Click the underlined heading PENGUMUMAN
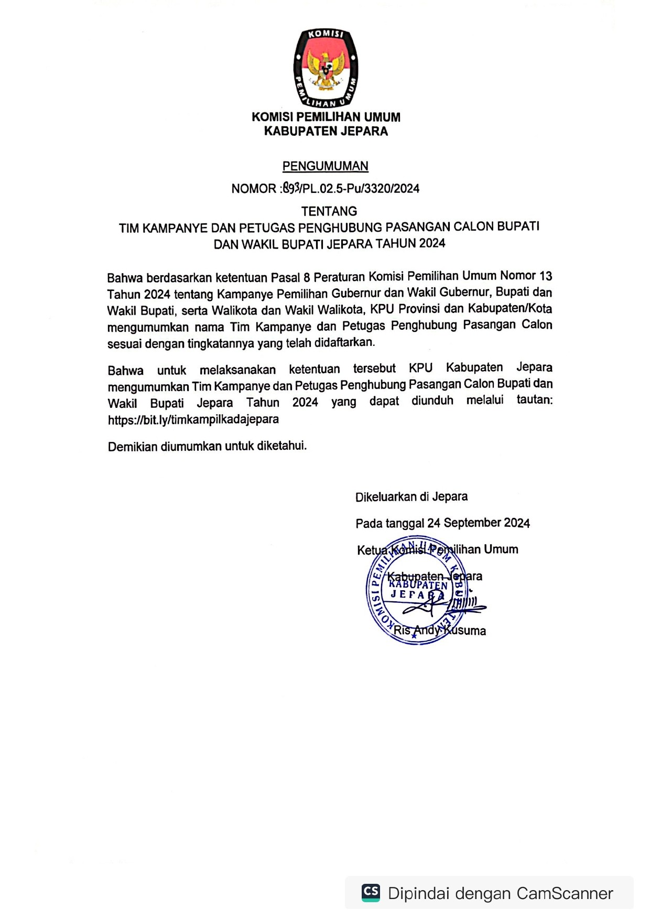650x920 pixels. [326, 166]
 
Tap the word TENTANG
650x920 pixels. [329, 211]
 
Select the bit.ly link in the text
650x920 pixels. [193, 419]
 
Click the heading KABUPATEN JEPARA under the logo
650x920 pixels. [326, 132]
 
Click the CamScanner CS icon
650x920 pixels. [371, 893]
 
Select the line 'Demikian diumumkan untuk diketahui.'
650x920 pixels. [207, 446]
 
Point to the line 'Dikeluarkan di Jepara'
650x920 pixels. [411, 496]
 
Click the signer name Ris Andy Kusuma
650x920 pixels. [440, 630]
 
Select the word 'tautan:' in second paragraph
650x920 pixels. [534, 400]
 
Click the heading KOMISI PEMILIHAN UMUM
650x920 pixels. [326, 117]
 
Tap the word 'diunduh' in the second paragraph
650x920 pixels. [432, 401]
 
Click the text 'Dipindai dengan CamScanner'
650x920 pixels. [500, 893]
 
